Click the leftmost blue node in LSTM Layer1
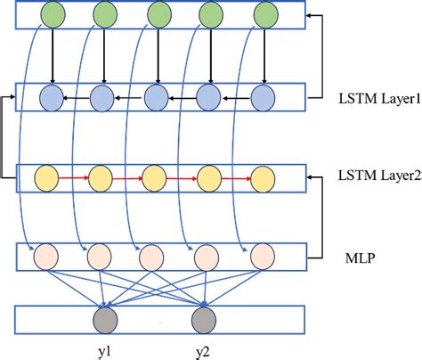[x=52, y=97]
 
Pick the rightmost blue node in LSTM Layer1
[x=261, y=97]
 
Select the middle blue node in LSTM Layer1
[x=157, y=97]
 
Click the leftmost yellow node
[x=47, y=177]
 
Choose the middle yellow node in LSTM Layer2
[x=154, y=177]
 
